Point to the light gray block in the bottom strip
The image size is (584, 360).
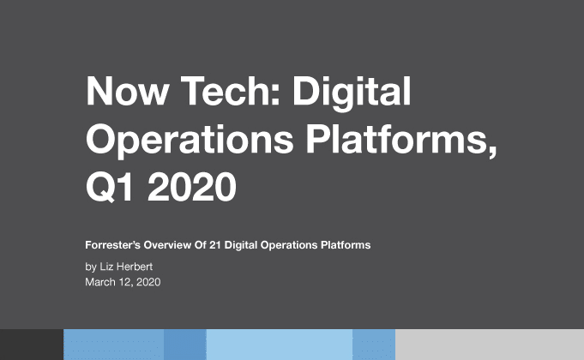tap(489, 344)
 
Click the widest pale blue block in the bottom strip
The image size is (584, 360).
tap(279, 344)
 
